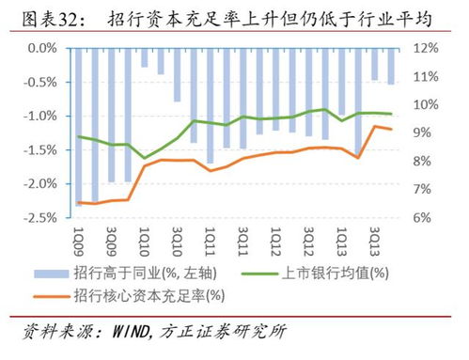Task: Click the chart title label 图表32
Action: [46, 16]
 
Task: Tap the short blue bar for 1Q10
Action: [144, 57]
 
